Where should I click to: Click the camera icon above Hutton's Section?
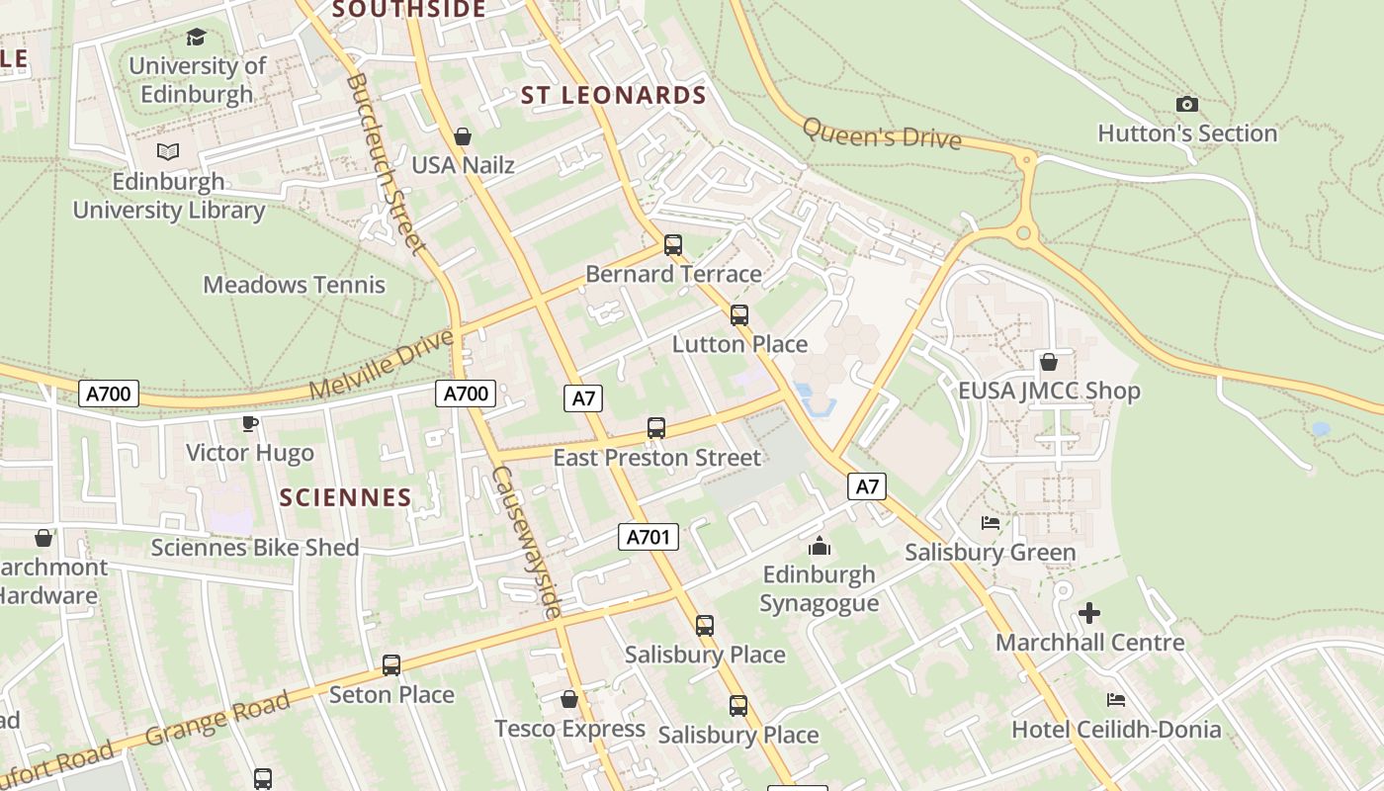pos(1187,104)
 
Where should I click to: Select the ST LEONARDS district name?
pos(613,96)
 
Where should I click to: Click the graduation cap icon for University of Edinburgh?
pos(196,38)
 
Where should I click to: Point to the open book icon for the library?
pos(168,152)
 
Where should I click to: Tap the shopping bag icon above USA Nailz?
pos(462,135)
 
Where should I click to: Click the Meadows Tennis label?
pos(294,285)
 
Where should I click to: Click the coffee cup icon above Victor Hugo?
pos(250,423)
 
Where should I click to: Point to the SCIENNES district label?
pos(345,497)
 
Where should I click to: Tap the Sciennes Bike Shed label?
pos(254,547)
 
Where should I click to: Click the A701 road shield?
pos(649,537)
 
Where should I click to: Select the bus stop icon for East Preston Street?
pos(656,428)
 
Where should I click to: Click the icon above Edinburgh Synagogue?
pos(819,546)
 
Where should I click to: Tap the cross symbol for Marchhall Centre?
pos(1088,613)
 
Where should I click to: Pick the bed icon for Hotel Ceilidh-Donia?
pos(1116,700)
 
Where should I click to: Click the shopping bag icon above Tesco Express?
pos(569,699)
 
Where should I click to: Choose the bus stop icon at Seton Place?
pos(391,664)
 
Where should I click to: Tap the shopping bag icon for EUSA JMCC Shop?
pos(1048,362)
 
